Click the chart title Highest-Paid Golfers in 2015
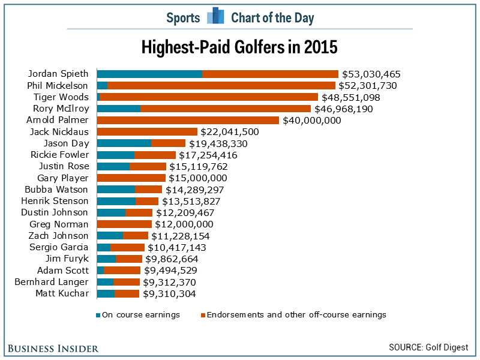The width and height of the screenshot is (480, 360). coord(239,47)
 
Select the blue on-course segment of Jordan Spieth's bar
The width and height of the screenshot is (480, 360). coord(149,74)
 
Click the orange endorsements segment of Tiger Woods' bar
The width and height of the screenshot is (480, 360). coord(208,97)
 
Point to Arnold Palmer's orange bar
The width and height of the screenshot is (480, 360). coord(188,120)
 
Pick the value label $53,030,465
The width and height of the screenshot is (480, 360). coord(371,74)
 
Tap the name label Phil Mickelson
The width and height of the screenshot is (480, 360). coord(58,86)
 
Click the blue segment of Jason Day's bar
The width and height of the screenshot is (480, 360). coord(124,143)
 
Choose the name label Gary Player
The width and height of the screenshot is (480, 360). coord(63,178)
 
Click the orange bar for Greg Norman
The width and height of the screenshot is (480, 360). coord(124,224)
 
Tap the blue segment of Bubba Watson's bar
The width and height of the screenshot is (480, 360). coord(116,190)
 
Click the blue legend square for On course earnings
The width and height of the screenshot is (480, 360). coord(98,315)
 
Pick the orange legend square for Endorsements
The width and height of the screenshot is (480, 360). coord(203,315)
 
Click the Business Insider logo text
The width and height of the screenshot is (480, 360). coord(53,348)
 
